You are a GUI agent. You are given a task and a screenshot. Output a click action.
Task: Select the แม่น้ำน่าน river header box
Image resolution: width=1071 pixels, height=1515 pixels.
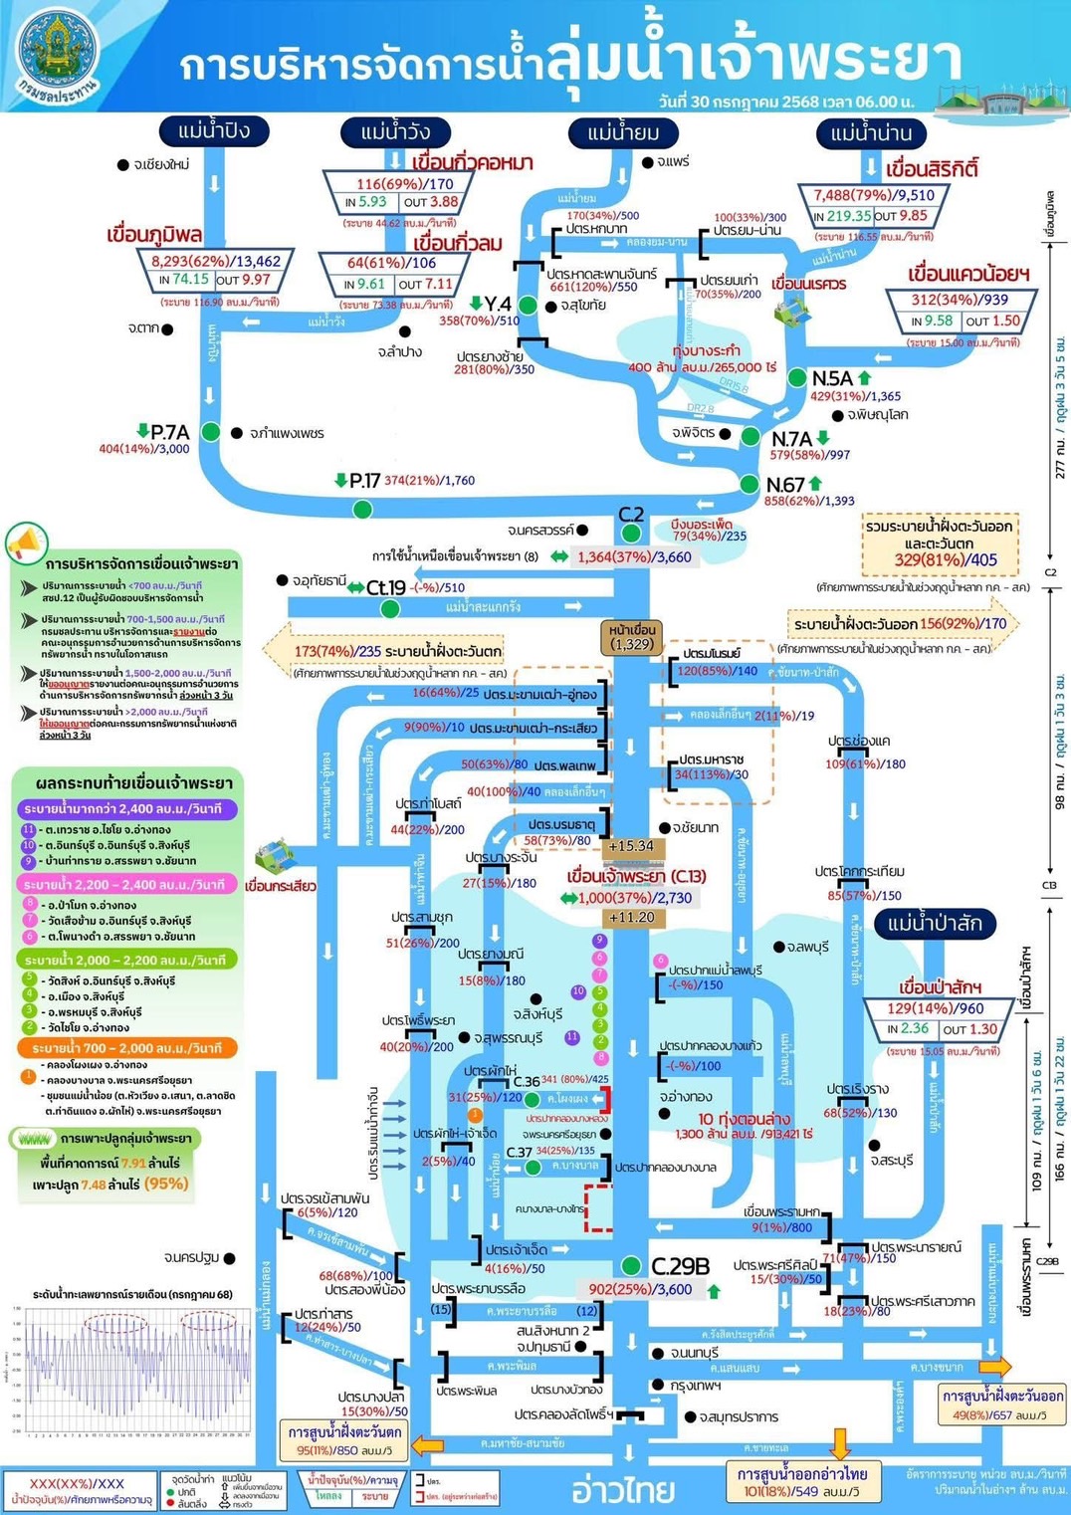click(870, 133)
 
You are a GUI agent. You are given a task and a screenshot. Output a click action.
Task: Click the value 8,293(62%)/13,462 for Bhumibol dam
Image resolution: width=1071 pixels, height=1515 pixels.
click(216, 261)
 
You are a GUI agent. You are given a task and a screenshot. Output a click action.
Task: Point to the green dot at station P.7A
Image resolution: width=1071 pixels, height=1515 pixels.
click(210, 432)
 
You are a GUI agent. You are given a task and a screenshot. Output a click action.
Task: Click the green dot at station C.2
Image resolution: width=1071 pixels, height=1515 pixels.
click(630, 534)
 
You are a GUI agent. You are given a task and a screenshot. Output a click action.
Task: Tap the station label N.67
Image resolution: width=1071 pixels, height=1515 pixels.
click(785, 485)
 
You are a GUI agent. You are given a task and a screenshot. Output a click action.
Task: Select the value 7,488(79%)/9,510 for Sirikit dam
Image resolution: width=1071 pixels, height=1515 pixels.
click(873, 195)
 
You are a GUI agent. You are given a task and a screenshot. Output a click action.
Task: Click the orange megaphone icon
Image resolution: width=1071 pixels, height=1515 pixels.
click(26, 543)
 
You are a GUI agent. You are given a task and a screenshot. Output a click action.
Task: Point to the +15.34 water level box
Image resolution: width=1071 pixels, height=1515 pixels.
click(631, 846)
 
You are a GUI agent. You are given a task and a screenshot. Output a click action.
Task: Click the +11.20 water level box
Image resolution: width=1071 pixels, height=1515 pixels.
click(631, 917)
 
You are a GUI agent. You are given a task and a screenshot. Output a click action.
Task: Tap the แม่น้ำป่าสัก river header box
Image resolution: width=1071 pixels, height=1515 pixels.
click(934, 923)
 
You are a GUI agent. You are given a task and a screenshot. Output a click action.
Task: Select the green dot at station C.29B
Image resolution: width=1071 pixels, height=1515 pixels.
click(630, 1266)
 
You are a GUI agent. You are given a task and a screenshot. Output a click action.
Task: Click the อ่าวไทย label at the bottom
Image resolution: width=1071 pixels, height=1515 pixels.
click(623, 1490)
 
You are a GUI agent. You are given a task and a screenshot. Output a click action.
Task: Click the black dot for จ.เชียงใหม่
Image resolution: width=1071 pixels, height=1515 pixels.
click(122, 164)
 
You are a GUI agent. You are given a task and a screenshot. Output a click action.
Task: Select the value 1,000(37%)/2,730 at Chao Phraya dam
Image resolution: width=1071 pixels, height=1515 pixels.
click(635, 897)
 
